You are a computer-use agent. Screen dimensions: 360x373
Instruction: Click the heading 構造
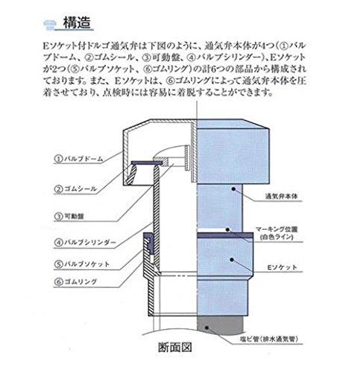pos(77,23)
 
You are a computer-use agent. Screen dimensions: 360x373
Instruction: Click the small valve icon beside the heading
pos(50,25)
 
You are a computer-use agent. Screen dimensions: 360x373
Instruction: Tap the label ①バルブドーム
pos(78,159)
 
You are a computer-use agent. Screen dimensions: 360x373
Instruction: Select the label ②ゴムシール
pos(75,189)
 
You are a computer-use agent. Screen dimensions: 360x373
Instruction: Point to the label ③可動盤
pos(69,216)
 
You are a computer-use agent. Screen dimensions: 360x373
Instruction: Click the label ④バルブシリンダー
pos(85,242)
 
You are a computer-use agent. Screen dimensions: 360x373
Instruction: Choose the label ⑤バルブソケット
pos(82,264)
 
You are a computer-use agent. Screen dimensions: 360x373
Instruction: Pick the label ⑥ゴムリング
pos(75,282)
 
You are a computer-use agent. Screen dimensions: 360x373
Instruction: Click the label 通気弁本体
pos(281,196)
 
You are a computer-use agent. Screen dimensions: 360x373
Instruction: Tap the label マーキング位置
pos(277,230)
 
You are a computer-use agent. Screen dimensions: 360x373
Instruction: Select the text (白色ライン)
pos(277,237)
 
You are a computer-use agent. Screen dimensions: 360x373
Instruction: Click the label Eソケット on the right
pos(282,268)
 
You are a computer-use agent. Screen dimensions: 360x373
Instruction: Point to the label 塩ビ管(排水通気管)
pos(269,339)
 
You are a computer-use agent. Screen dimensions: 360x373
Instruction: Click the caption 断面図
pos(175,347)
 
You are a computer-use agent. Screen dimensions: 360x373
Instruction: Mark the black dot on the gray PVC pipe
pos(206,327)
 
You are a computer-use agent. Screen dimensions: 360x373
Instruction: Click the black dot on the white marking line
pos(227,229)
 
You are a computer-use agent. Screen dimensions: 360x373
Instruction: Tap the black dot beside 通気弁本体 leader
pos(233,189)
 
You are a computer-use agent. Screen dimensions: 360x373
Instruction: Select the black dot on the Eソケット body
pos(232,260)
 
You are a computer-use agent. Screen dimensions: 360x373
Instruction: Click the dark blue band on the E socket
pos(225,235)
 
